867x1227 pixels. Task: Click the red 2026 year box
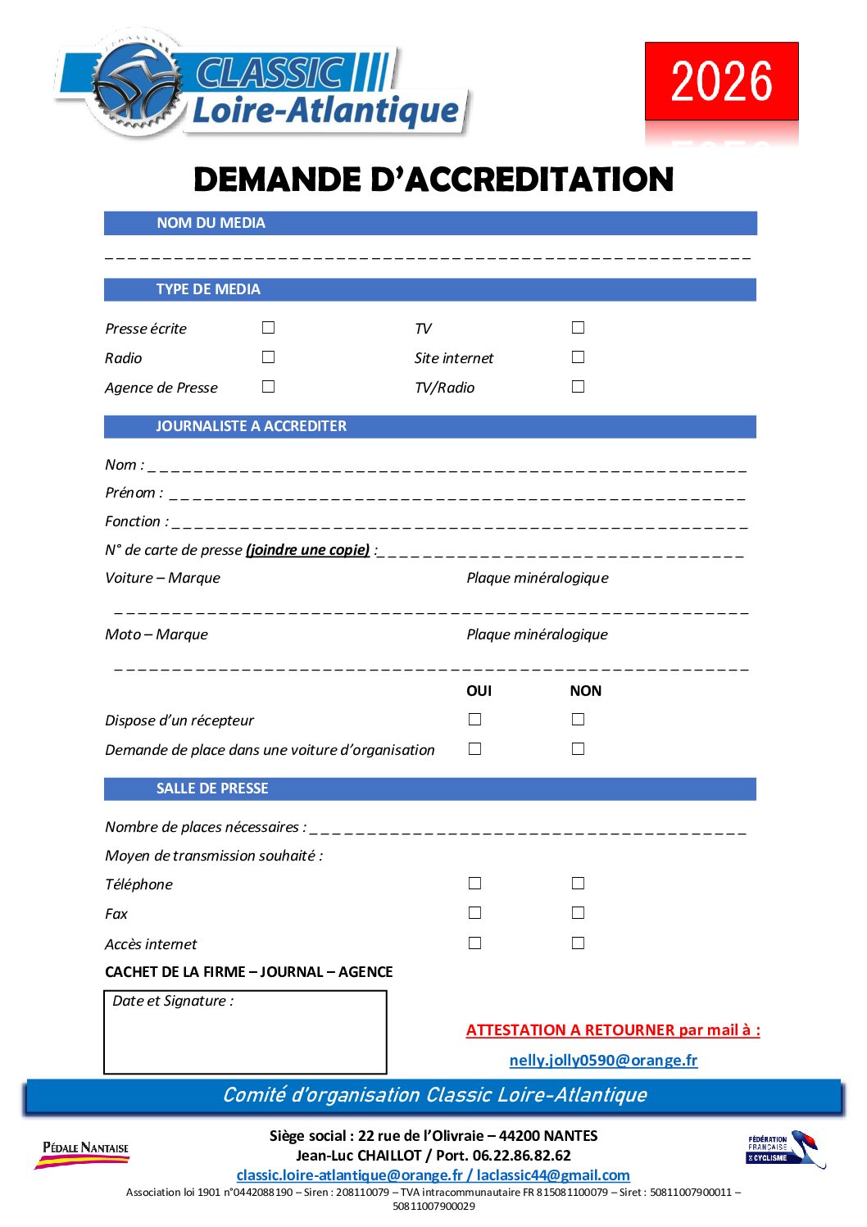coord(721,81)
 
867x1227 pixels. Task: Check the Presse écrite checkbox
coord(268,328)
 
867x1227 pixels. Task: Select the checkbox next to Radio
coord(268,357)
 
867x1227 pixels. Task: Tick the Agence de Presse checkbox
coord(268,387)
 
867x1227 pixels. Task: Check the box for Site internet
coord(578,357)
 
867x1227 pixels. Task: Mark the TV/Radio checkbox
coord(578,387)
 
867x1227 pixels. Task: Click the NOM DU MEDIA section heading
coord(211,223)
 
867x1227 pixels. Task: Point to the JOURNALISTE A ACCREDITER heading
coord(251,426)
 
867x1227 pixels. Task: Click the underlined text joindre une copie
coord(307,550)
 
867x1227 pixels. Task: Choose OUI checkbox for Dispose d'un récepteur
coord(474,720)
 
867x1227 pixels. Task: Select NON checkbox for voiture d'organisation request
coord(578,749)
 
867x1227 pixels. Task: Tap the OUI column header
coord(479,691)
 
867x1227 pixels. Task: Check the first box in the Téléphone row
coord(474,884)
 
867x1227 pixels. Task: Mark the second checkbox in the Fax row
coord(578,913)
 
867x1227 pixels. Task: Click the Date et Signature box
coord(245,1032)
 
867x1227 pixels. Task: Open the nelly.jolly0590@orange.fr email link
coord(603,1060)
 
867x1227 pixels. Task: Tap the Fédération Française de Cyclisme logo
coord(784,1149)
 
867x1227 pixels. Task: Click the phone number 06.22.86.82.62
coord(521,1156)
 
